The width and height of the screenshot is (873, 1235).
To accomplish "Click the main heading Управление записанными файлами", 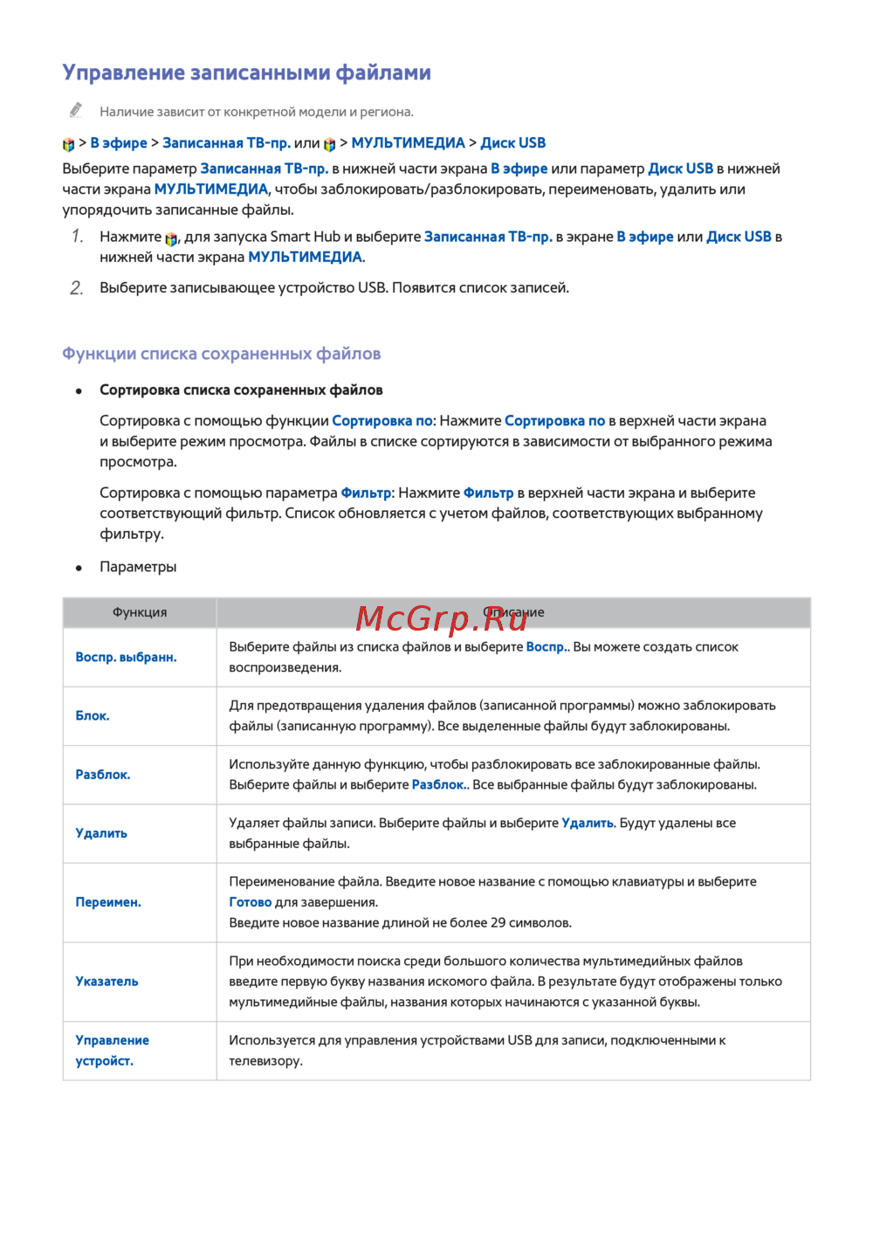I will coord(246,72).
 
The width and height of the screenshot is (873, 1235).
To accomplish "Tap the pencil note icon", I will coord(76,110).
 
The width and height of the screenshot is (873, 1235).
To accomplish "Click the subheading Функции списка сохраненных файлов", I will coord(221,354).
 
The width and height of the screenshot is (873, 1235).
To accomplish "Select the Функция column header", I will coord(140,612).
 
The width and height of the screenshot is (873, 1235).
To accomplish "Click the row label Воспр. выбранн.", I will coord(126,657).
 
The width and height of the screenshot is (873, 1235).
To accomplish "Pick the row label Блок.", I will coord(93,715).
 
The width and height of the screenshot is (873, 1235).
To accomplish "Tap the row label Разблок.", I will coord(103,775).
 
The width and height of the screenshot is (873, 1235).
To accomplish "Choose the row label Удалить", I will coord(101,833).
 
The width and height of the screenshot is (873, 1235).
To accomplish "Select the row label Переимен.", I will coord(108,902).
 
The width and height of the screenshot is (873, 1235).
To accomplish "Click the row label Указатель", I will coord(107,982).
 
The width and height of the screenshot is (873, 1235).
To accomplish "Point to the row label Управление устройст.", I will coord(112,1050).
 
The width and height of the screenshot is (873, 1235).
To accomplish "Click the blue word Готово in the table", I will coord(251,902).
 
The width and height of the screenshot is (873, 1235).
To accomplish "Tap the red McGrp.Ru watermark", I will coord(442,618).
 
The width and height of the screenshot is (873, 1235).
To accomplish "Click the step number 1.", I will coord(77,237).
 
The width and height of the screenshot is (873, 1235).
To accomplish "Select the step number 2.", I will coord(77,288).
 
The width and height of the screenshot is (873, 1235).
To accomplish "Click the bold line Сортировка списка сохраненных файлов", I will coord(241,390).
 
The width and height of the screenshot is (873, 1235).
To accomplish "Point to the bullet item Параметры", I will coord(138,567).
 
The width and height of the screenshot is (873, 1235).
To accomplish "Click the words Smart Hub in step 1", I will coord(305,237).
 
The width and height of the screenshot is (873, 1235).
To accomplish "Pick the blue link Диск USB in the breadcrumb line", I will coord(513,143).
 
